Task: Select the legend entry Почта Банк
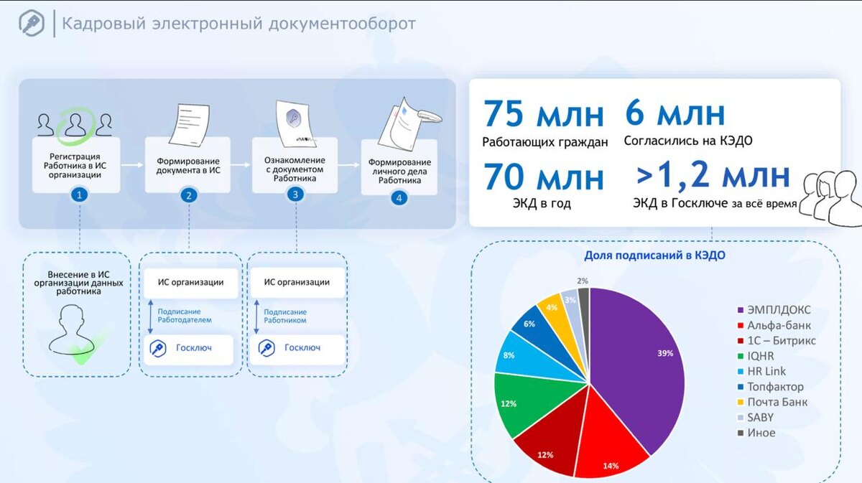(777, 402)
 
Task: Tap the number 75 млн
(544, 115)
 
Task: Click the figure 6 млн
(675, 113)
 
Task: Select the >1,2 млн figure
(713, 176)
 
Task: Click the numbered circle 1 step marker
(80, 194)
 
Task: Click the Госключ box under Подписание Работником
(297, 348)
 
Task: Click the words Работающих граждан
(545, 141)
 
